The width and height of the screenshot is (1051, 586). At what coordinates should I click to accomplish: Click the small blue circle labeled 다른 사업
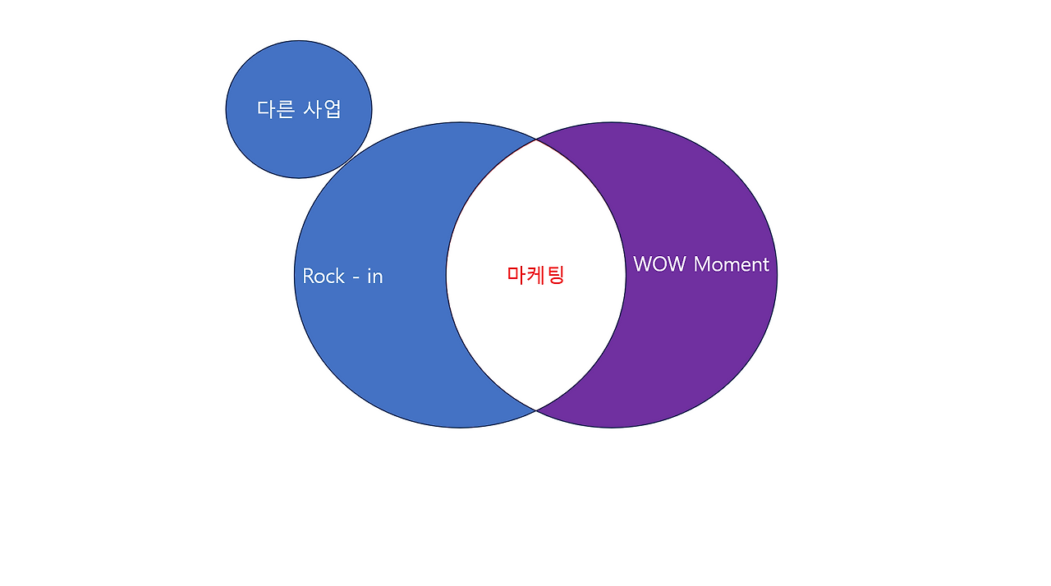pyautogui.click(x=299, y=144)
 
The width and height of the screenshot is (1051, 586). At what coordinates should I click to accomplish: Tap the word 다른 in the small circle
pyautogui.click(x=276, y=109)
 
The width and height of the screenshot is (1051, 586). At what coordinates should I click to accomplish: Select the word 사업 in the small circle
pyautogui.click(x=323, y=109)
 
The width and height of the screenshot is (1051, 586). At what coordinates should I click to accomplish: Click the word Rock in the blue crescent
pyautogui.click(x=324, y=276)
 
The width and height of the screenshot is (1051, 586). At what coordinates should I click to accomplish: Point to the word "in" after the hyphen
pyautogui.click(x=374, y=276)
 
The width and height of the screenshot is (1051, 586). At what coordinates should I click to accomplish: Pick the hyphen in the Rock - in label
pyautogui.click(x=355, y=277)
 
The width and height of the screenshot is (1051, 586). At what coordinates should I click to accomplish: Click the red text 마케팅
pyautogui.click(x=535, y=275)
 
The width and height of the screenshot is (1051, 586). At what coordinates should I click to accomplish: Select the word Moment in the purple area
pyautogui.click(x=732, y=264)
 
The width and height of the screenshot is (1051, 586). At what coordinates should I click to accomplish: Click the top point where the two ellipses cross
pyautogui.click(x=536, y=140)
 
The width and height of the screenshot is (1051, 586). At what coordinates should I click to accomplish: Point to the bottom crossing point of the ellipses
pyautogui.click(x=536, y=410)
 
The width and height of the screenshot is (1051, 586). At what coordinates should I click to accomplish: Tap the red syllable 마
pyautogui.click(x=516, y=275)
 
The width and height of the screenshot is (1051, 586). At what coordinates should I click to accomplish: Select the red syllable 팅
pyautogui.click(x=555, y=275)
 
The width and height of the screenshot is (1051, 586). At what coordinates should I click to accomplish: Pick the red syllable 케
pyautogui.click(x=535, y=275)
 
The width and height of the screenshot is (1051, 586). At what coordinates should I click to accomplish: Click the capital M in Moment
pyautogui.click(x=703, y=264)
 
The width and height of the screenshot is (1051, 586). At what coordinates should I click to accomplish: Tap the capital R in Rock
pyautogui.click(x=310, y=276)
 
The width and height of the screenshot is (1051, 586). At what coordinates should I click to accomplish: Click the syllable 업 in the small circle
pyautogui.click(x=332, y=109)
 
